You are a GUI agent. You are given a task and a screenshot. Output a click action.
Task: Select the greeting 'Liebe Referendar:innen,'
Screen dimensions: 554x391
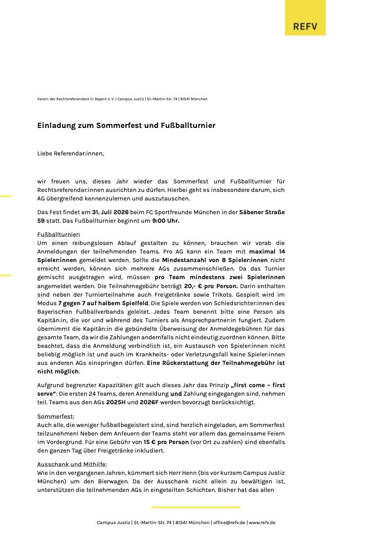coord(71,154)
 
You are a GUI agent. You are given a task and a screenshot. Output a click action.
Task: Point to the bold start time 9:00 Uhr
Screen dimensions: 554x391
coord(166,220)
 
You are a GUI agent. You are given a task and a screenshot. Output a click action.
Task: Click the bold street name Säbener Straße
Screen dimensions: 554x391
coord(262,212)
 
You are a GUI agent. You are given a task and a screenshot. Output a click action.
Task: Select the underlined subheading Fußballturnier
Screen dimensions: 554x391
coord(58,234)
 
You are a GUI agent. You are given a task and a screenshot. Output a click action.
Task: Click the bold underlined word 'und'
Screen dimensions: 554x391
coord(176,394)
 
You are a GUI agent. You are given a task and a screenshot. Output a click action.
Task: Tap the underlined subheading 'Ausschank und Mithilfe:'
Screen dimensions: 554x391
coord(72,464)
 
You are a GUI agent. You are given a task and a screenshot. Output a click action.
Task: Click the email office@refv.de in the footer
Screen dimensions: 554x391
coord(229,523)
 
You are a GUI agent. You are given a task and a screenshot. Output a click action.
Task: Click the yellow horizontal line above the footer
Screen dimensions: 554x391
coord(195,507)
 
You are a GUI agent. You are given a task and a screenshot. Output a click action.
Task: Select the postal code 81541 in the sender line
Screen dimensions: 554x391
coord(187,99)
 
